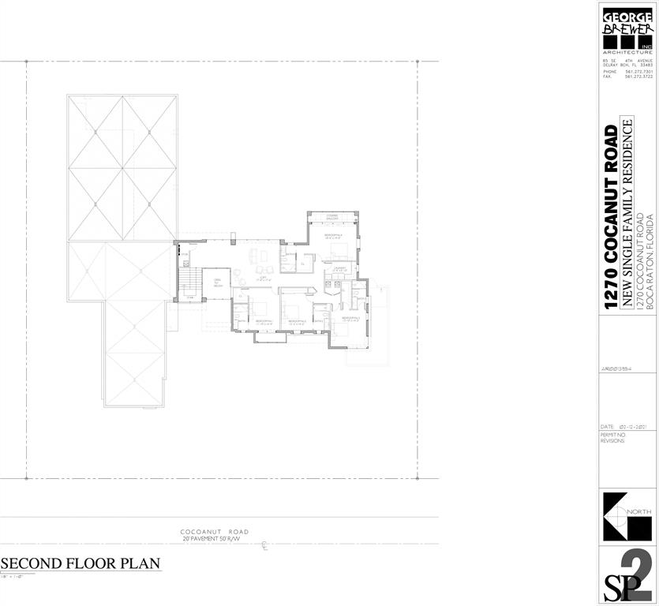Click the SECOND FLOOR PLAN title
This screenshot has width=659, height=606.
coord(81,563)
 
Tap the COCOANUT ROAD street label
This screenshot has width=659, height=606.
coord(214,532)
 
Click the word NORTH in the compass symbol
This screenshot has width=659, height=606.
coord(640,513)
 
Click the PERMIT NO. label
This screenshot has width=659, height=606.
coord(612,435)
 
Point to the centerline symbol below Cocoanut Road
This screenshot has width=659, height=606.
coord(264,545)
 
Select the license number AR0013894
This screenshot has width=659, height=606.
coord(618,369)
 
